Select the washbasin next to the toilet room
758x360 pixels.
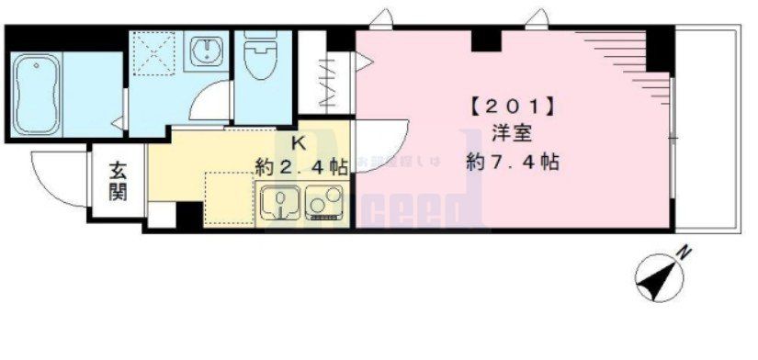(x=207, y=53)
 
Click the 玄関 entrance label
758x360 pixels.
(x=119, y=181)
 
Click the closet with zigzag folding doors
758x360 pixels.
(x=326, y=84)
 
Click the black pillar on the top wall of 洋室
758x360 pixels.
(x=486, y=39)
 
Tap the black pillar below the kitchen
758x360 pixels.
(x=188, y=214)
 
